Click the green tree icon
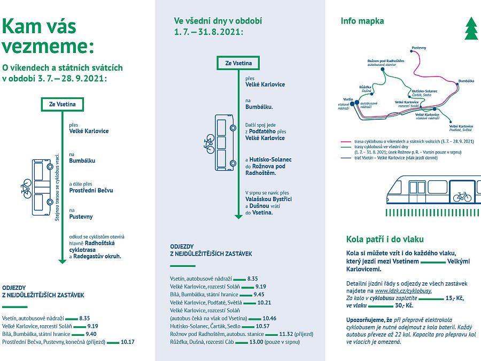[x=471, y=28]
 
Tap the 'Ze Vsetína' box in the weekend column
[x=63, y=104]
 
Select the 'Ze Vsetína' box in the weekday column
[x=238, y=63]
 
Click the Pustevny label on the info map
[x=418, y=48]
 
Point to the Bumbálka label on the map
[x=466, y=81]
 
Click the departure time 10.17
[x=128, y=342]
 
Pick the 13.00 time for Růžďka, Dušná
[x=256, y=342]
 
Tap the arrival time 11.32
[x=286, y=334]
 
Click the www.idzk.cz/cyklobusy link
[x=403, y=291]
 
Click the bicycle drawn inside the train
[x=462, y=196]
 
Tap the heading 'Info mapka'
[x=362, y=21]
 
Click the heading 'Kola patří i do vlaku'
[x=385, y=239]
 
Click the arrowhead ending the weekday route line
[x=238, y=217]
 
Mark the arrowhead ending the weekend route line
[x=63, y=262]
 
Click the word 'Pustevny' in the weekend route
[x=81, y=217]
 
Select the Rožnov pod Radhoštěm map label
[x=385, y=61]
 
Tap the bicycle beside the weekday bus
[x=209, y=144]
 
